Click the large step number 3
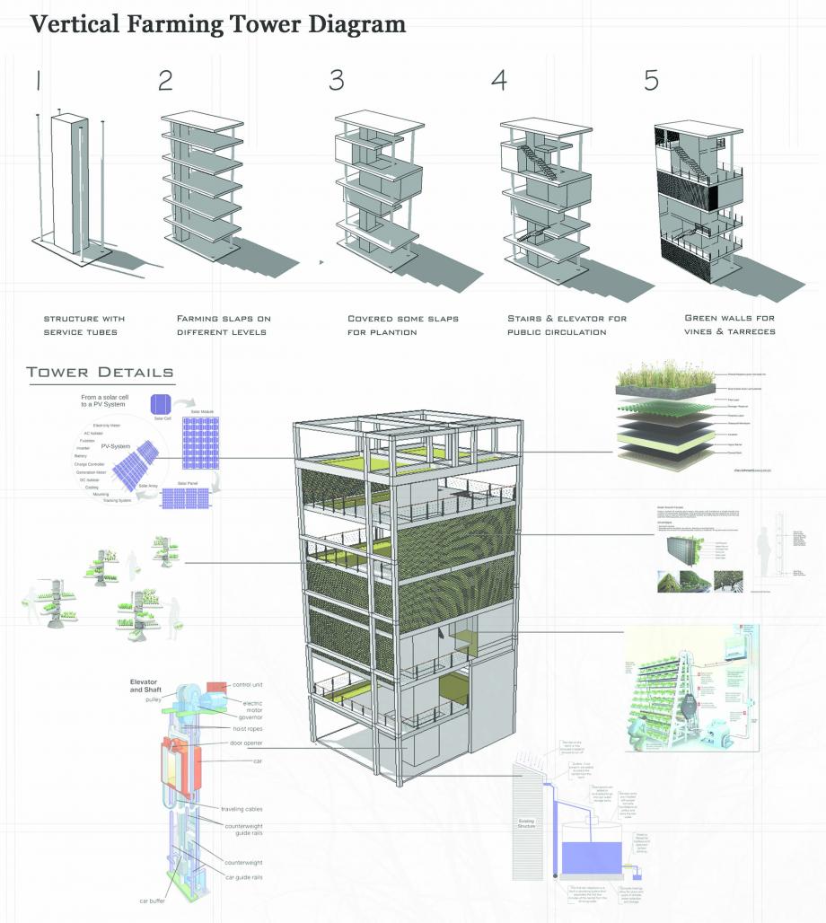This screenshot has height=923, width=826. click(337, 80)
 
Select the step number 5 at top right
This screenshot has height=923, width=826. click(651, 80)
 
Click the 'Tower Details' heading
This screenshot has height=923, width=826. click(100, 372)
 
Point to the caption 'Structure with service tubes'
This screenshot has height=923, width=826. click(84, 326)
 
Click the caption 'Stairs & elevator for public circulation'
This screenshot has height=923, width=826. click(567, 326)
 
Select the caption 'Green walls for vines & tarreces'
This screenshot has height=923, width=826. click(730, 326)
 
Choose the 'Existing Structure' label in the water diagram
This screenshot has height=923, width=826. click(527, 822)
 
